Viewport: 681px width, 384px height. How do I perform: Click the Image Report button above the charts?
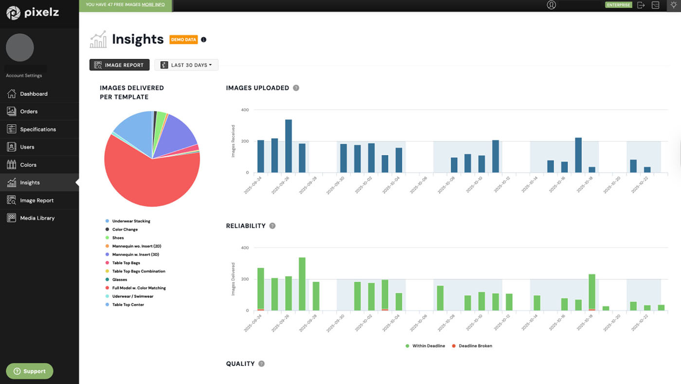pyautogui.click(x=119, y=65)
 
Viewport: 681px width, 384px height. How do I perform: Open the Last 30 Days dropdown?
pyautogui.click(x=186, y=65)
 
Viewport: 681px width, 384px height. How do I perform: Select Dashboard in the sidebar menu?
pyautogui.click(x=34, y=94)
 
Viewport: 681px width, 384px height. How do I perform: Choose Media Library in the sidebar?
pyautogui.click(x=37, y=218)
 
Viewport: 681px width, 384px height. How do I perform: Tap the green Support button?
pyautogui.click(x=30, y=371)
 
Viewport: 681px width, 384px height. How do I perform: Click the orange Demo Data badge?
pyautogui.click(x=183, y=39)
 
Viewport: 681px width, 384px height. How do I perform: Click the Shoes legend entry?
pyautogui.click(x=118, y=238)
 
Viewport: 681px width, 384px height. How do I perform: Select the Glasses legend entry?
pyautogui.click(x=119, y=280)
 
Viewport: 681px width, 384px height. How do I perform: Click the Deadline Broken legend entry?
pyautogui.click(x=475, y=346)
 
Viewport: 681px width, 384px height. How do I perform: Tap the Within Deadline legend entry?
pyautogui.click(x=428, y=346)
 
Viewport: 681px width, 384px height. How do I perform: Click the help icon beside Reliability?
pyautogui.click(x=272, y=226)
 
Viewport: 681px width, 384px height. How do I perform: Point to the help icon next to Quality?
pyautogui.click(x=262, y=364)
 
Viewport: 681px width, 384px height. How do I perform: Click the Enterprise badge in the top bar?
pyautogui.click(x=618, y=5)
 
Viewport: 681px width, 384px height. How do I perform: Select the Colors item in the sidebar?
pyautogui.click(x=28, y=165)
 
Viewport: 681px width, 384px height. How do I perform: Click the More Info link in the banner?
pyautogui.click(x=153, y=5)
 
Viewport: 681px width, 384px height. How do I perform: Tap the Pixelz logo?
pyautogui.click(x=33, y=13)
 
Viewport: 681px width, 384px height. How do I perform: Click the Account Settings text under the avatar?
pyautogui.click(x=24, y=75)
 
